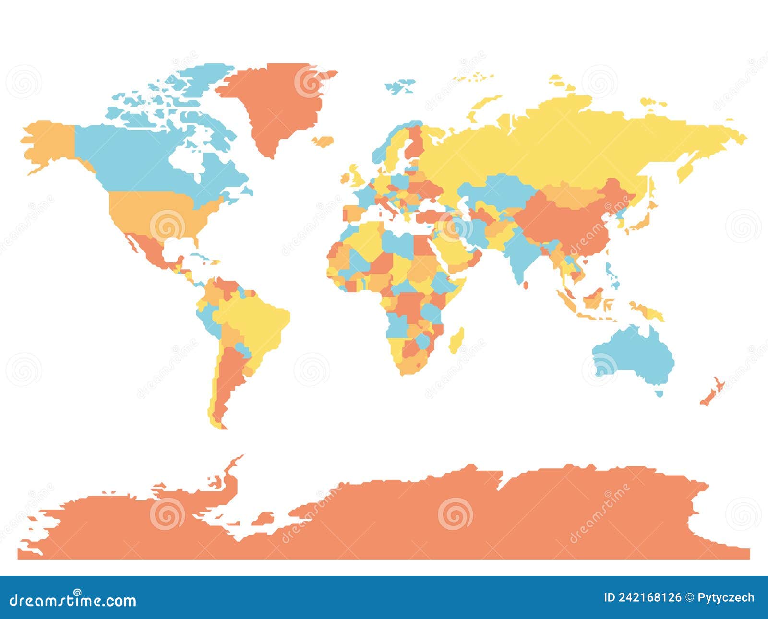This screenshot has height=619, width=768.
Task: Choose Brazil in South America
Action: point(254,321)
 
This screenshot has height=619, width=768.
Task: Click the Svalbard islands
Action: point(401,87)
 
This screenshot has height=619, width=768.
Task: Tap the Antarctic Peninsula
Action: point(226,475)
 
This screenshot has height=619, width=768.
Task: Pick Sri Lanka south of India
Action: point(527,284)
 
